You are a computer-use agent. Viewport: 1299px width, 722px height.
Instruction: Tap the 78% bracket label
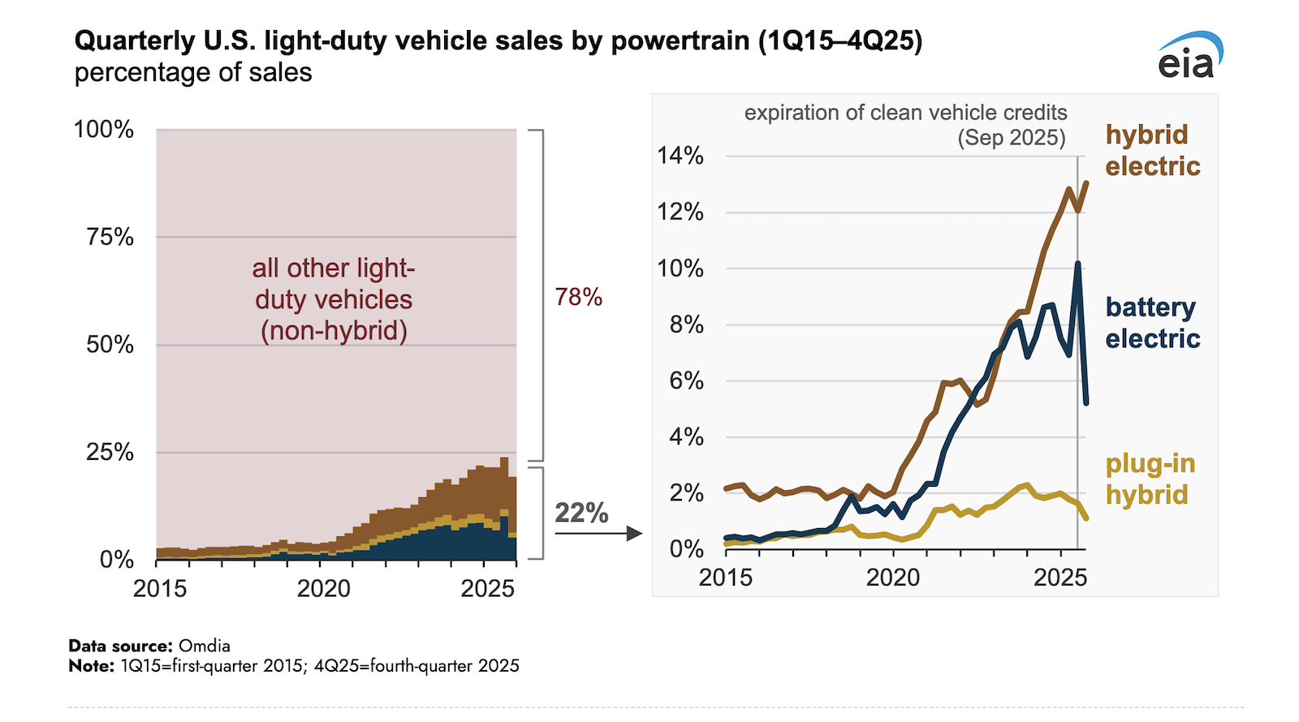click(578, 298)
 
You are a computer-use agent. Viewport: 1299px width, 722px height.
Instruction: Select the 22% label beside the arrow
click(581, 513)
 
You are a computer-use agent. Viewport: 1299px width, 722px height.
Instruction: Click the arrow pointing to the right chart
click(598, 534)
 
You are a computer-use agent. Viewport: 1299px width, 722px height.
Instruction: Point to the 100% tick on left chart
click(104, 130)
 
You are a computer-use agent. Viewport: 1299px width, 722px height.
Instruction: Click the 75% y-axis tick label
click(110, 237)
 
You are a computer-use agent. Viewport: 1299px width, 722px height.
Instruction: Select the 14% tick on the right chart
click(680, 156)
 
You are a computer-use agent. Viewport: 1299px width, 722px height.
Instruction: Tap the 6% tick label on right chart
click(686, 380)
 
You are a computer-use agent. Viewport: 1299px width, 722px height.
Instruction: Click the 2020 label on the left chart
click(323, 588)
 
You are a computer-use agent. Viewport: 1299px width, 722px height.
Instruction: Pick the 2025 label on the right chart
click(1059, 578)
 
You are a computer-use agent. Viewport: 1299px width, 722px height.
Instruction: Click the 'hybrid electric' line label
click(1151, 150)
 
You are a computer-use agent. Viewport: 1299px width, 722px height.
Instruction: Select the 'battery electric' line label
click(1151, 323)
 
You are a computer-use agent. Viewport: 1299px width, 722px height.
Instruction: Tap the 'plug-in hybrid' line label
click(1150, 479)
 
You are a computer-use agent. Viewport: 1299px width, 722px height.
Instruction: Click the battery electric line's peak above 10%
click(1078, 264)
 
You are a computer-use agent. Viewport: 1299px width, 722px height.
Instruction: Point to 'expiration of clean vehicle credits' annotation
click(905, 113)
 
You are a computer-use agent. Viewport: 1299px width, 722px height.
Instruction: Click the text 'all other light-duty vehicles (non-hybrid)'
click(334, 299)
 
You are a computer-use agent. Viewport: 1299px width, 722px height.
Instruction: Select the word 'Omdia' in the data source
click(205, 646)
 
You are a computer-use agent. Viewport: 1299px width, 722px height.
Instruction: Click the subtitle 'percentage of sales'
click(193, 72)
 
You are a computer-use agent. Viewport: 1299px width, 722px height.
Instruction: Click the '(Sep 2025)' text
click(1011, 137)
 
